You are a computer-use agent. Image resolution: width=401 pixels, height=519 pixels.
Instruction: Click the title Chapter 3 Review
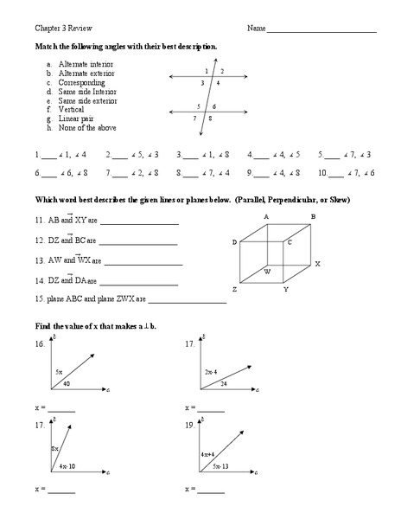58,28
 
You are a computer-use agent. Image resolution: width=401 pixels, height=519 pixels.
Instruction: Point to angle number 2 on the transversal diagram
222,71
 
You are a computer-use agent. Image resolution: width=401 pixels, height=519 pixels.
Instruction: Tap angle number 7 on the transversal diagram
195,118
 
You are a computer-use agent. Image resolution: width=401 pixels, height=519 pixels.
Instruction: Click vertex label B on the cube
313,215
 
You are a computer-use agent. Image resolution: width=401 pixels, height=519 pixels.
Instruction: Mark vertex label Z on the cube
233,289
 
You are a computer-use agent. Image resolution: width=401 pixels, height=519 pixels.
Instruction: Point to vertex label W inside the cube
267,271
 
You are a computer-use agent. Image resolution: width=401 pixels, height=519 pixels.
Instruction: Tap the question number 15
40,300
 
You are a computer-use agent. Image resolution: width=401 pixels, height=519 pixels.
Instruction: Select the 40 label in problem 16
66,383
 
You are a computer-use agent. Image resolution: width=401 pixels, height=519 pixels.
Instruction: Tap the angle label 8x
54,448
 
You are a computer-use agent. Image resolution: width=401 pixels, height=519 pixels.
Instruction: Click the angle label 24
223,383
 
